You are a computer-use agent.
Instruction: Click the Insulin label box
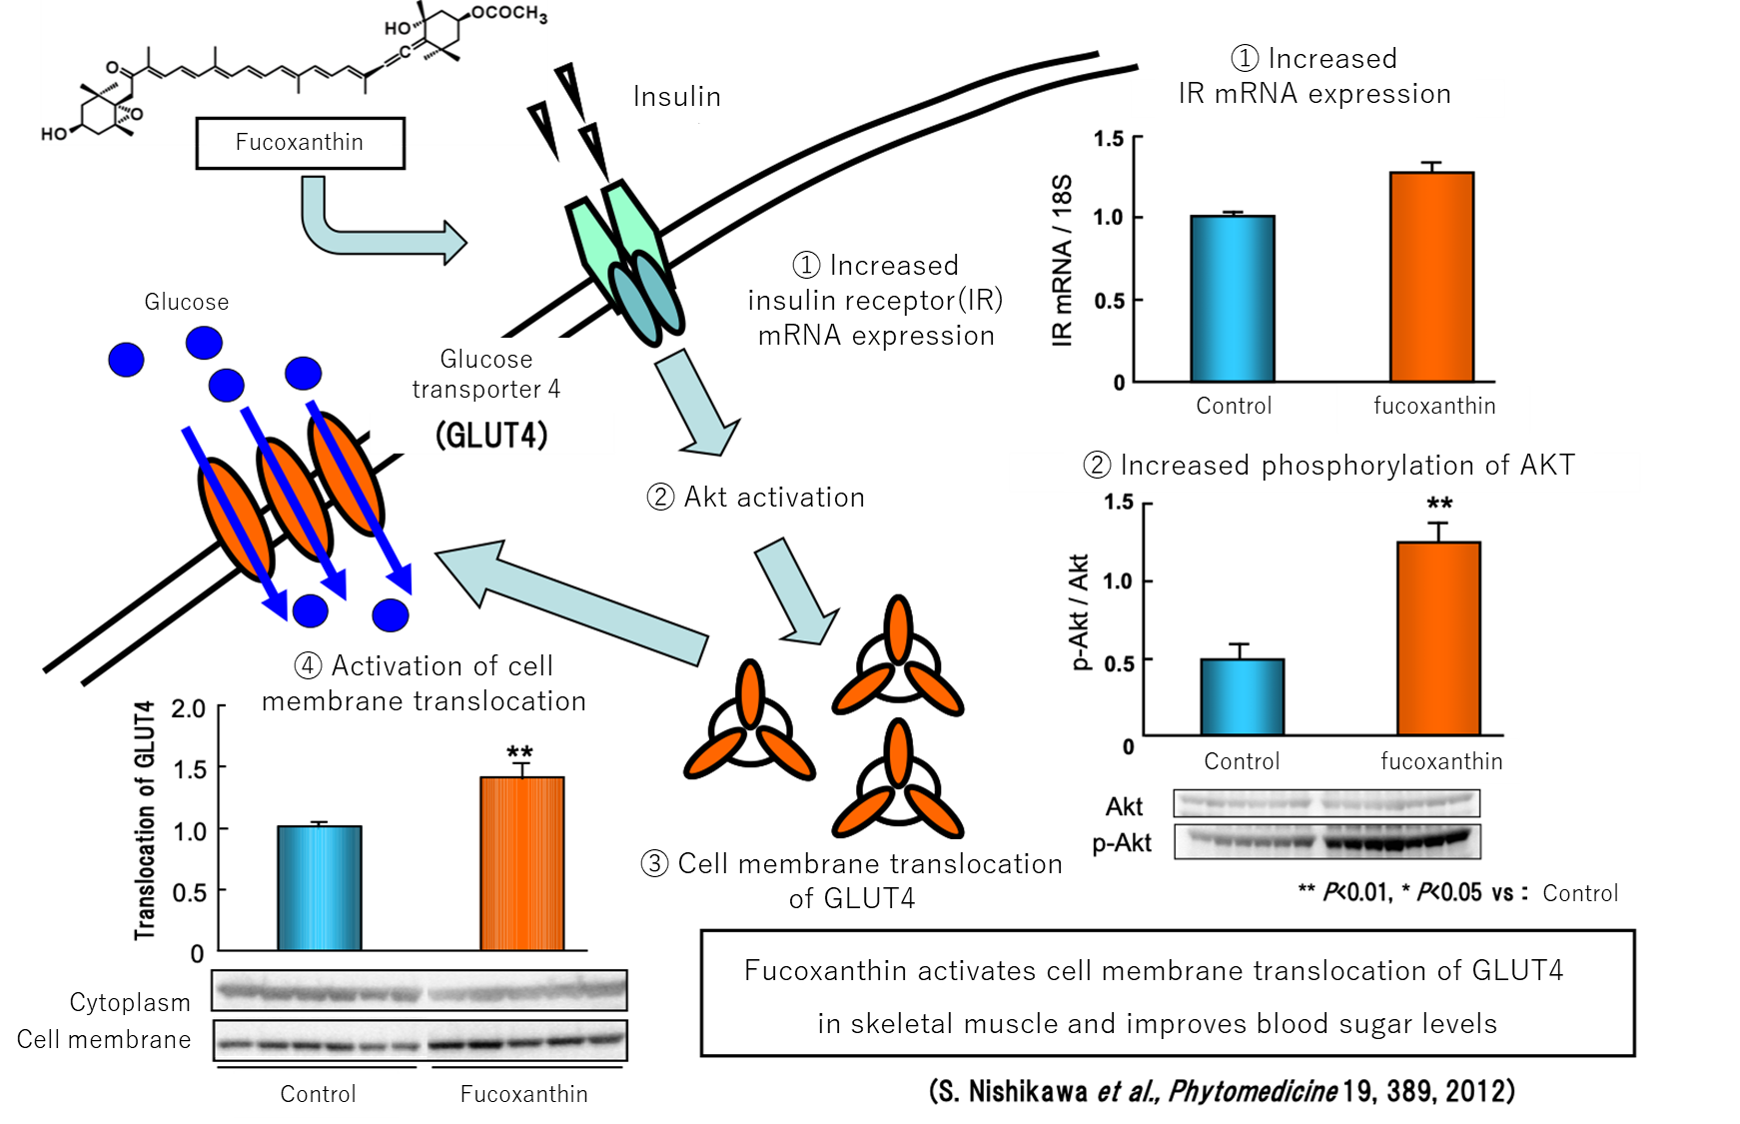[x=677, y=97]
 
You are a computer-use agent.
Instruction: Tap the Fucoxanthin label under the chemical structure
[x=299, y=142]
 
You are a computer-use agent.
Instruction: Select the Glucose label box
[x=187, y=302]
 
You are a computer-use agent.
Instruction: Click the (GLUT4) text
[x=491, y=436]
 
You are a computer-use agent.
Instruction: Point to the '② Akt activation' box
[x=756, y=498]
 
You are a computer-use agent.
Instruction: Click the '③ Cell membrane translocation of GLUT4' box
[x=852, y=881]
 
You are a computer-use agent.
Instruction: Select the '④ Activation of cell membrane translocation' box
[x=424, y=684]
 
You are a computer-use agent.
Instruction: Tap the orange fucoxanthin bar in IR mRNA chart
[x=1431, y=277]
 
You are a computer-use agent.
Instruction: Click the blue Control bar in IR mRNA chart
[x=1233, y=299]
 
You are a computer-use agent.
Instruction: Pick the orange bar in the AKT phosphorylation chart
[x=1438, y=638]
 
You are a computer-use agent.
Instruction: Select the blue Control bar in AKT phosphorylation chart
[x=1242, y=697]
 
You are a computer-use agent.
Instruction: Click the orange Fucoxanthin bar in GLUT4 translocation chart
[x=521, y=863]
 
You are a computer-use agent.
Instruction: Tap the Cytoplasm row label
[x=130, y=1002]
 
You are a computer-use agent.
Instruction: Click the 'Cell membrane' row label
[x=104, y=1040]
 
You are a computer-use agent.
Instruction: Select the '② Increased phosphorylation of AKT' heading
[x=1328, y=466]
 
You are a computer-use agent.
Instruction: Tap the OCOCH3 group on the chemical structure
[x=508, y=13]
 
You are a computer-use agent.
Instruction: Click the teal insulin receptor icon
[x=627, y=265]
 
